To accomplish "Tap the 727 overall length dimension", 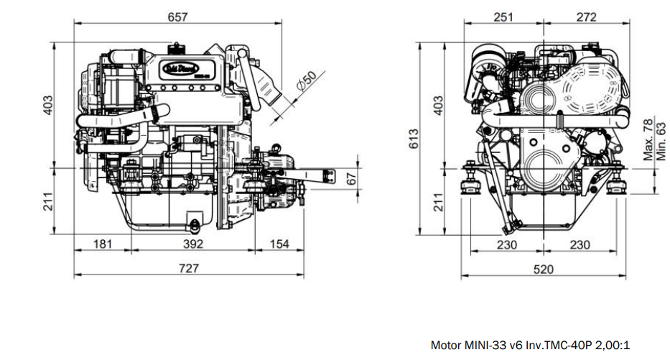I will pyautogui.click(x=188, y=268).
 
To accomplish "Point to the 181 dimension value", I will pyautogui.click(x=103, y=244).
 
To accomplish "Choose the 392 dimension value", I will pyautogui.click(x=192, y=244).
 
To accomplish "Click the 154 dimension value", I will pyautogui.click(x=279, y=244).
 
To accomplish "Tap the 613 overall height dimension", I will pyautogui.click(x=414, y=139).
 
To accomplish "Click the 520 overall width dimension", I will pyautogui.click(x=544, y=269).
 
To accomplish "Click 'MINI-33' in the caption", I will pyautogui.click(x=489, y=346).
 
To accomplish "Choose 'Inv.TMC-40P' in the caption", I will pyautogui.click(x=558, y=346).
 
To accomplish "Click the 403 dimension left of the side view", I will pyautogui.click(x=48, y=104).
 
